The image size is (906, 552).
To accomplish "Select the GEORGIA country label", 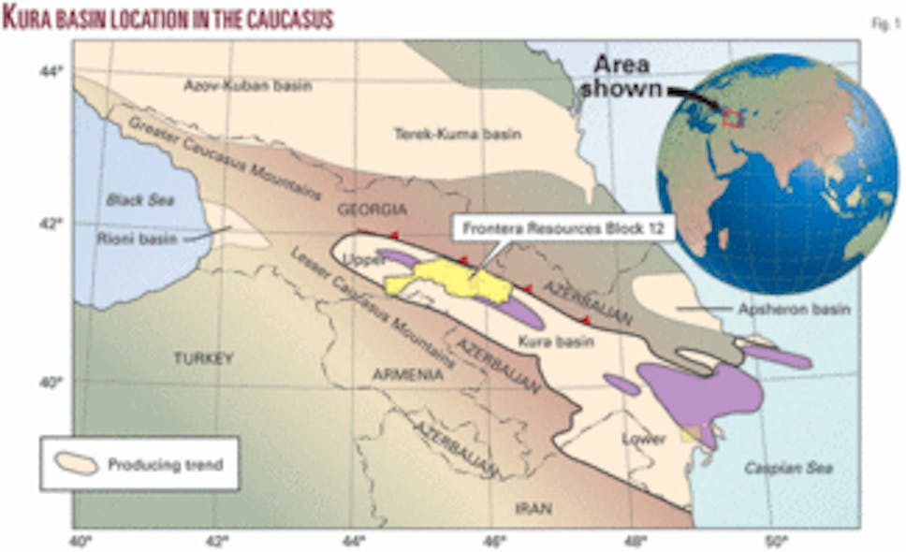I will pos(373,209).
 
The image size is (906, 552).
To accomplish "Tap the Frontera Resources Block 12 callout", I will pos(563,227).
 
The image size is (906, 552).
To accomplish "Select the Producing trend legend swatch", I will pos(77,464).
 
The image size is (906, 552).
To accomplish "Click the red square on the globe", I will pos(732,118).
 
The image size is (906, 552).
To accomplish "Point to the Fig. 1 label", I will pos(882,25).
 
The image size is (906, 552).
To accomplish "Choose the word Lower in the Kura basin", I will pos(647,438).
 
